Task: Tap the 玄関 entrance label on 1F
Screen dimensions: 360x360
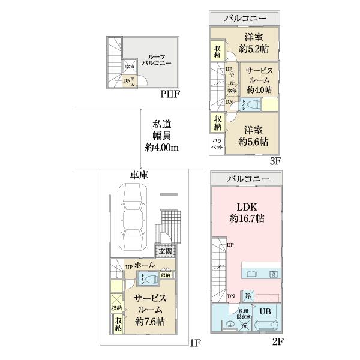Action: pyautogui.click(x=166, y=251)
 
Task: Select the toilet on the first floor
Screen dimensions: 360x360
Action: pyautogui.click(x=148, y=278)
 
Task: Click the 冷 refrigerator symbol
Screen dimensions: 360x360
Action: pyautogui.click(x=248, y=296)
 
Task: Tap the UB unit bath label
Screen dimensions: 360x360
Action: pyautogui.click(x=265, y=311)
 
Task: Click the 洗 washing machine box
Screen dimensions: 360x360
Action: pyautogui.click(x=244, y=325)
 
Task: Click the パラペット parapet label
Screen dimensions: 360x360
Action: pyautogui.click(x=216, y=145)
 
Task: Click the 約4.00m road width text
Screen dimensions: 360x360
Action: pyautogui.click(x=162, y=147)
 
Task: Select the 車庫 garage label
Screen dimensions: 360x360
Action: pyautogui.click(x=140, y=175)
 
